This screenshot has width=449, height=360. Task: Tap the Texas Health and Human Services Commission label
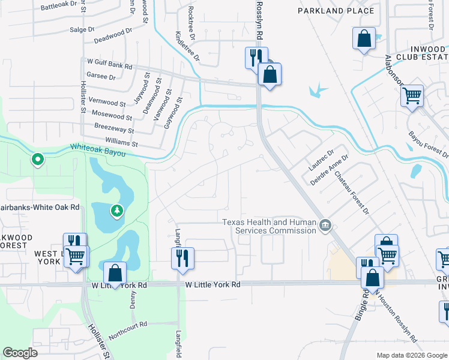point(269,226)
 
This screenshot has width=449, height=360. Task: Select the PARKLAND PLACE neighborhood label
point(336,11)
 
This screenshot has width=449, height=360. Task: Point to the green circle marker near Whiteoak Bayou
point(37,159)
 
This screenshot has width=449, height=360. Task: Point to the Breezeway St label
point(114,128)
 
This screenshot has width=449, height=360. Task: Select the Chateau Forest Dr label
point(351,193)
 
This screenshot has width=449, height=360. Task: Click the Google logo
point(20,353)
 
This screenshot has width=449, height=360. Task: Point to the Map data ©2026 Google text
point(411,355)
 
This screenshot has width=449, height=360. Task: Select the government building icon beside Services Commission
point(325,226)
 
